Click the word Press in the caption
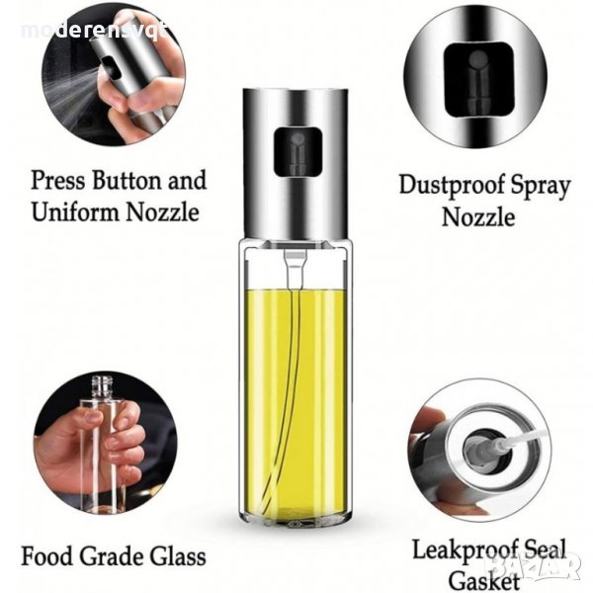pyautogui.click(x=58, y=181)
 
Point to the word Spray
pyautogui.click(x=540, y=187)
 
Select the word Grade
pyautogui.click(x=112, y=556)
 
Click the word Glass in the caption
pyautogui.click(x=178, y=556)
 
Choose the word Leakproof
pyautogui.click(x=465, y=551)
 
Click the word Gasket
pyautogui.click(x=483, y=581)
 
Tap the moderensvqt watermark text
pyautogui.click(x=95, y=32)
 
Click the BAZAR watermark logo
pyautogui.click(x=534, y=565)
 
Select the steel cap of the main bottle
pyautogui.click(x=296, y=164)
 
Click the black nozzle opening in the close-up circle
pyautogui.click(x=478, y=80)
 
